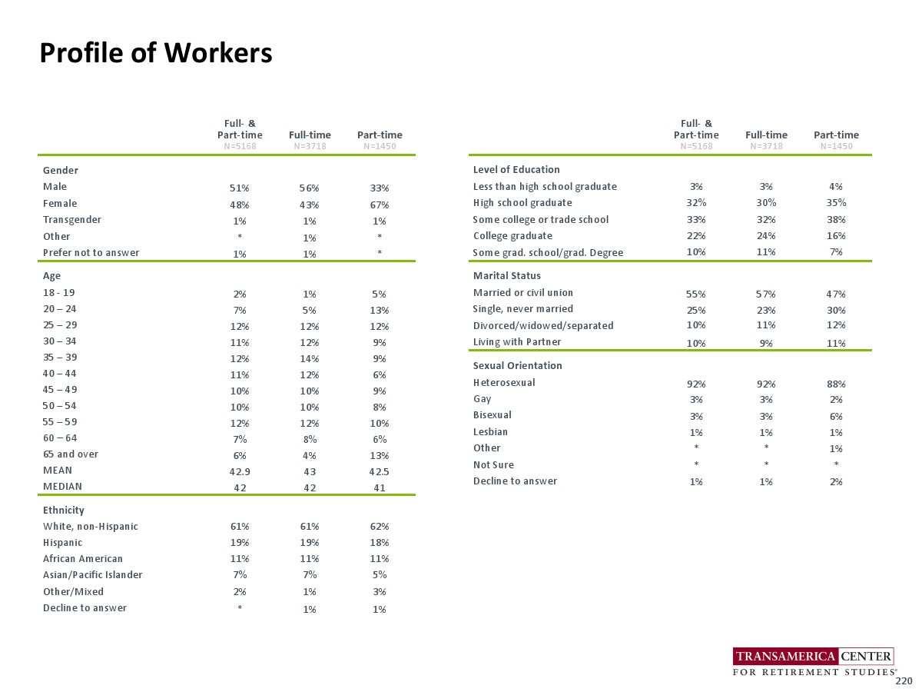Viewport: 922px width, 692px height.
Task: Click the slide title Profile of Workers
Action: tap(156, 53)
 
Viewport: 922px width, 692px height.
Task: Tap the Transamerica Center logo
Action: tap(814, 662)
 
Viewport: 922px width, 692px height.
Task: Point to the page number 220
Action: tap(904, 681)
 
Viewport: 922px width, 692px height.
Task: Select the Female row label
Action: tap(60, 204)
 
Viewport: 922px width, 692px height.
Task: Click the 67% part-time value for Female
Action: tap(380, 205)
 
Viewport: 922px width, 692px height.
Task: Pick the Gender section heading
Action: tap(61, 170)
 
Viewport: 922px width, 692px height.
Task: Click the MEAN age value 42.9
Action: tap(239, 471)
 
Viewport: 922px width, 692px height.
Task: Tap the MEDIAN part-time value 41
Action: tap(380, 487)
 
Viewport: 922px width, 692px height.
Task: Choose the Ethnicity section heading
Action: tap(64, 510)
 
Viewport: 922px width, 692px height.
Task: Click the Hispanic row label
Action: tap(63, 542)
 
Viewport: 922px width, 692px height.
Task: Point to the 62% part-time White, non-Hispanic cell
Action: tap(380, 527)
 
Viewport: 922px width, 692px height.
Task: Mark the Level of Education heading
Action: tap(516, 169)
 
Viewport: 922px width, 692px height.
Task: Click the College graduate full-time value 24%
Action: tap(766, 236)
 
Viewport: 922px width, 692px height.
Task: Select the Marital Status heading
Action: tap(507, 275)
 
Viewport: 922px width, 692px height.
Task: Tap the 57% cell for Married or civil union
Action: tap(766, 294)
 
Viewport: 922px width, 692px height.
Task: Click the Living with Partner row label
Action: tap(516, 342)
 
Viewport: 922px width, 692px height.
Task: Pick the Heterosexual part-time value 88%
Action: tap(836, 384)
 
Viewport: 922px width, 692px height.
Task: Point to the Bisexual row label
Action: tap(493, 415)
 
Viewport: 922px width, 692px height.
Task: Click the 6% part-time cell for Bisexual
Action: tap(836, 416)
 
